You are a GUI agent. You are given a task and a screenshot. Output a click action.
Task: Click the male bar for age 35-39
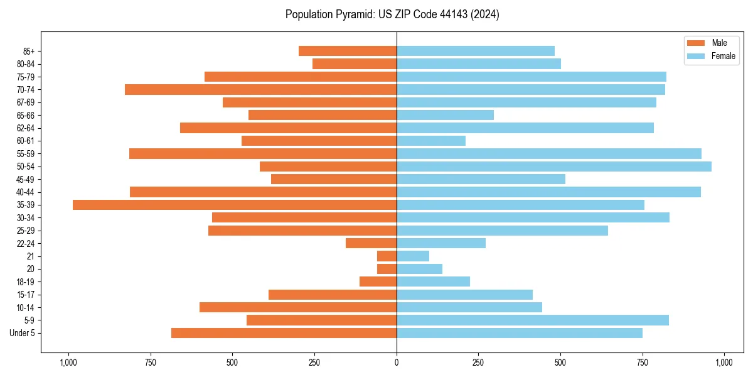pos(235,205)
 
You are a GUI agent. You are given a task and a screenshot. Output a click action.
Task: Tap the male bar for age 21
pos(387,256)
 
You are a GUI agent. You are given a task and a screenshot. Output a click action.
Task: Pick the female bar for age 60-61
pos(431,141)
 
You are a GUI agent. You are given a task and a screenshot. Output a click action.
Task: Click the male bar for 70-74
pos(260,89)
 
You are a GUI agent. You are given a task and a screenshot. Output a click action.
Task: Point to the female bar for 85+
pos(476,51)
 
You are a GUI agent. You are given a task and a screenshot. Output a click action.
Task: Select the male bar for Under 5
pos(284,333)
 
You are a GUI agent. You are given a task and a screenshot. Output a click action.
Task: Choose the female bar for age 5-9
pos(533,320)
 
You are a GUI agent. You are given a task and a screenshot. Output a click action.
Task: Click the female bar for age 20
pos(419,269)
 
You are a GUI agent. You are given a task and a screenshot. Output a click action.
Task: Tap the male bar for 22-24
pos(371,243)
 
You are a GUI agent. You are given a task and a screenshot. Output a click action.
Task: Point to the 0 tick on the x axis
pos(397,363)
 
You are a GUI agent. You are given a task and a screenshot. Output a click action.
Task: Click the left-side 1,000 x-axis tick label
pos(68,363)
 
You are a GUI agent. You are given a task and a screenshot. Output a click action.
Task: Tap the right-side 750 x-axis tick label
pos(643,363)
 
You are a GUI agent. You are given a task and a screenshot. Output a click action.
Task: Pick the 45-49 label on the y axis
pos(26,179)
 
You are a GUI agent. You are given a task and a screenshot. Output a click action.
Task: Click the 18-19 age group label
pos(26,281)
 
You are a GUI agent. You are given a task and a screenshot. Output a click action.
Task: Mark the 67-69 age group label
pos(26,102)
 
